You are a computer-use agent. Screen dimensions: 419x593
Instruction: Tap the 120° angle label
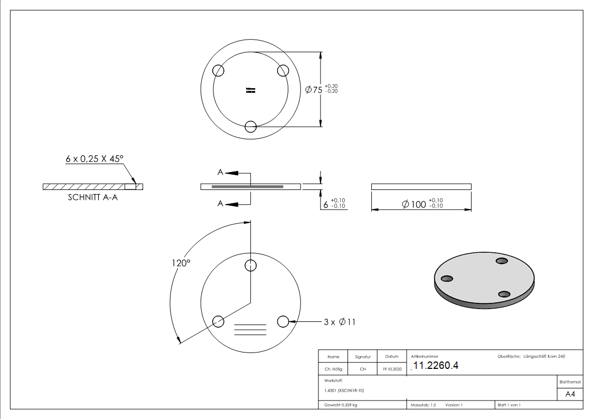tap(180, 263)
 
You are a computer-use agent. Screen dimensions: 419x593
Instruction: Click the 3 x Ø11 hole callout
tap(339, 321)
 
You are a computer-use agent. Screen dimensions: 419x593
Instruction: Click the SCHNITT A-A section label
tap(92, 198)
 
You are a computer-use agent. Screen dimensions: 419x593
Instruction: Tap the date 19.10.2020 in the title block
tap(391, 369)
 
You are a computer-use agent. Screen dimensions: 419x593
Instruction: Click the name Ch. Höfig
tap(333, 369)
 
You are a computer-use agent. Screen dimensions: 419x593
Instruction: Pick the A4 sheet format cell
tap(570, 394)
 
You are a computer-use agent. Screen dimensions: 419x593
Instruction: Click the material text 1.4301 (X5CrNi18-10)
tap(344, 391)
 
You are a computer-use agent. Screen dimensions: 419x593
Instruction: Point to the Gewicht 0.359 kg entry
tap(341, 405)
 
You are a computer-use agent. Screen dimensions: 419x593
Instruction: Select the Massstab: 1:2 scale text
tap(423, 405)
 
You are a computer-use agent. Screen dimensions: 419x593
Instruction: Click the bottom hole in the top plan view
tap(251, 127)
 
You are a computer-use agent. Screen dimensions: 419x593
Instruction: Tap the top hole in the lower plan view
tap(251, 265)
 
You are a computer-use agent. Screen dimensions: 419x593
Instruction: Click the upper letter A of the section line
tap(220, 172)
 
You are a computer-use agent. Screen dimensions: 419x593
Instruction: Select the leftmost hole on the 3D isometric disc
tap(447, 279)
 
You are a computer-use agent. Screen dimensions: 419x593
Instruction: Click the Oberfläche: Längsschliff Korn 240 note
tap(531, 357)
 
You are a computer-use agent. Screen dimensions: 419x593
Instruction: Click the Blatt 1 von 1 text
tap(509, 405)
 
